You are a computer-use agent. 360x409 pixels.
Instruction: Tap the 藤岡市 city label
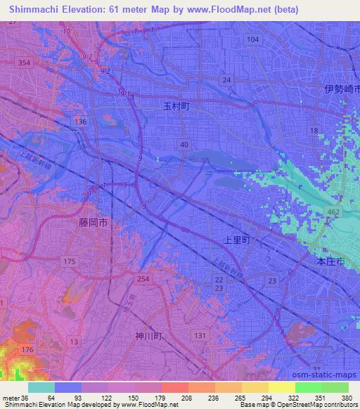coord(94,222)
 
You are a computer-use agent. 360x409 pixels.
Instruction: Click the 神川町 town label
coord(149,336)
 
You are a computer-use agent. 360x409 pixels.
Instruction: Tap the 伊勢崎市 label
coord(342,89)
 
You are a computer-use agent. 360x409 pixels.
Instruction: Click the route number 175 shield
coord(69,261)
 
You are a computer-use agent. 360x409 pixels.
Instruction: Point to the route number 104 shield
coord(253,40)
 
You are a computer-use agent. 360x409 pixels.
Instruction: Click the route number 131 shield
coord(200,336)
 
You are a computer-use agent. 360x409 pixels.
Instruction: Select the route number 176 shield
coord(27,349)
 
